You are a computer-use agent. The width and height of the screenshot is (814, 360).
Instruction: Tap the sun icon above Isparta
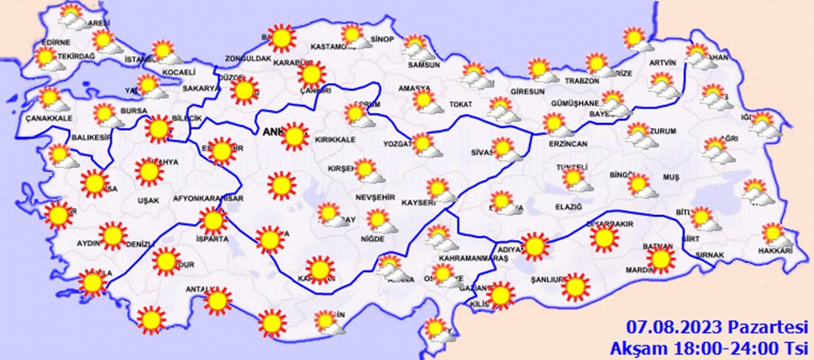213,221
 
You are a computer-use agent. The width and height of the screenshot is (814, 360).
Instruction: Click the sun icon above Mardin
660,259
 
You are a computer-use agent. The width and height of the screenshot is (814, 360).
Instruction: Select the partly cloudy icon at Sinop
353,36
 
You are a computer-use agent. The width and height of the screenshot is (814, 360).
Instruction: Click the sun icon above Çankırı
310,75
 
